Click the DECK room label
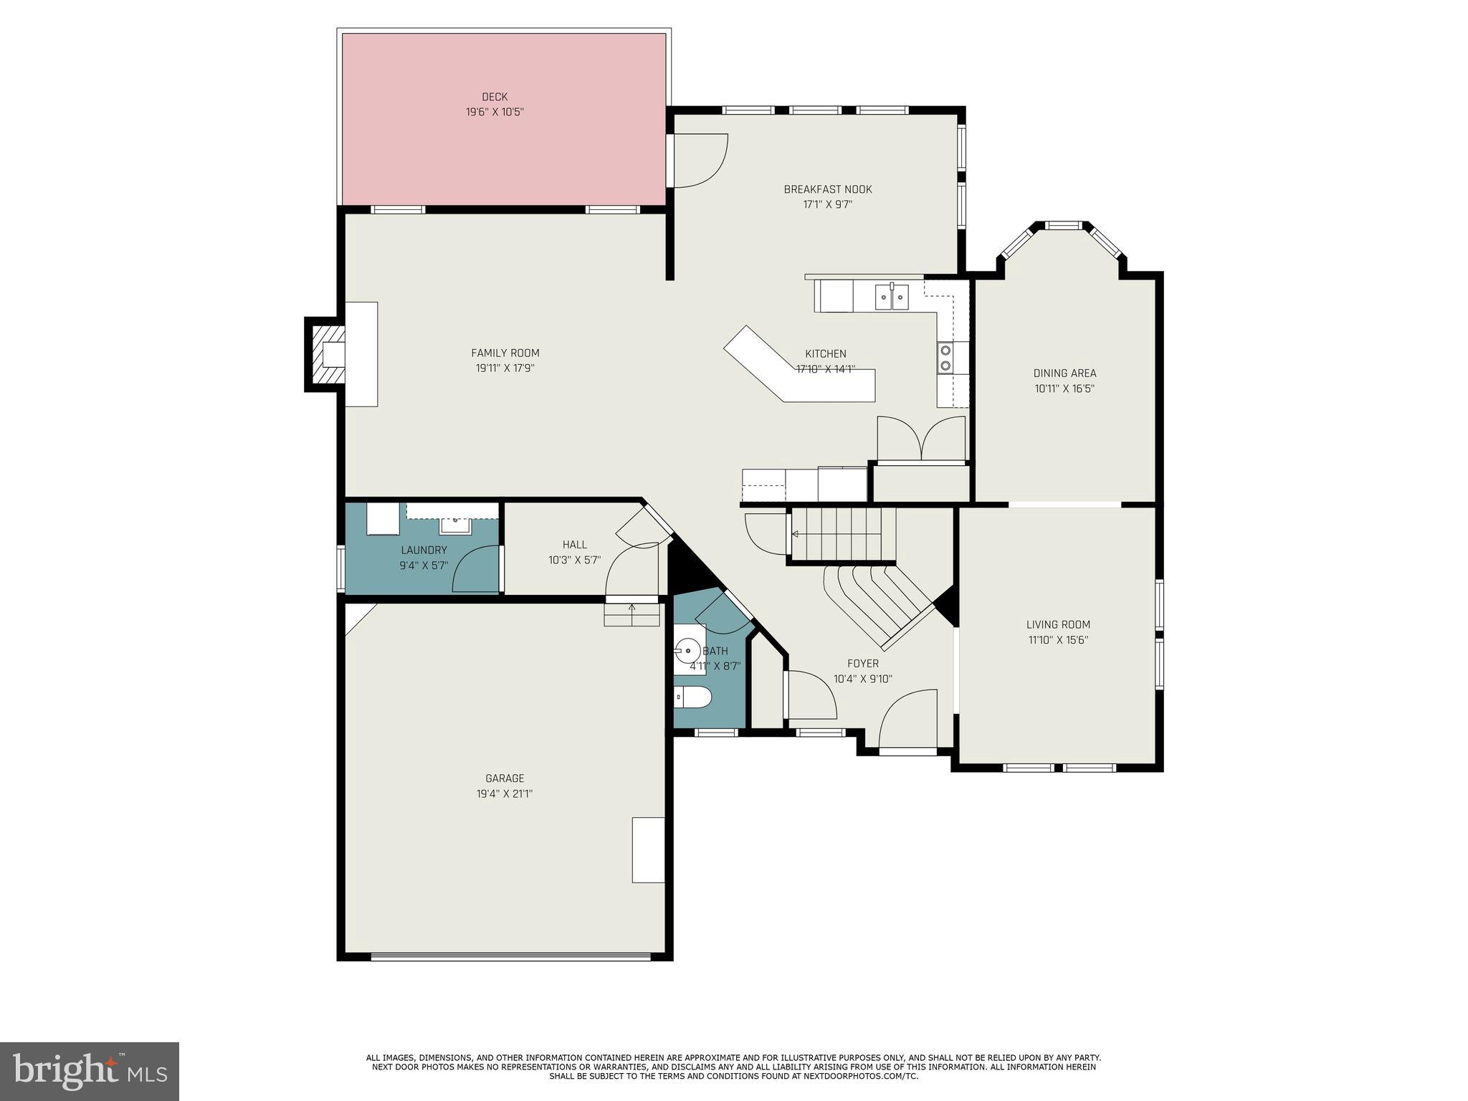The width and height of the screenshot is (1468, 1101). (495, 97)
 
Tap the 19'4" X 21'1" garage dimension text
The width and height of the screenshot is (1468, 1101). (505, 793)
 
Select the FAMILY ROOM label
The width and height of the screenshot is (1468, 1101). (505, 353)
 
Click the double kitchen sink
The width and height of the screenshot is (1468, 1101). (892, 296)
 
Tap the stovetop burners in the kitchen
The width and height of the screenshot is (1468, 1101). (945, 358)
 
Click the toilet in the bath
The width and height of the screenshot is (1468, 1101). (691, 695)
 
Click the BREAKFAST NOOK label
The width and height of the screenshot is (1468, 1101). (827, 189)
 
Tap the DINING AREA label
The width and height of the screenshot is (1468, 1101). (1064, 373)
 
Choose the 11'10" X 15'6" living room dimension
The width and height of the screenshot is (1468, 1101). (1057, 640)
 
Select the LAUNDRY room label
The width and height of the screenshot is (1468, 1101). (424, 550)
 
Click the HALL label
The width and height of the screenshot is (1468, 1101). (574, 545)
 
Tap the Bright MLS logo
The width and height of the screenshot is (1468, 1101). (89, 1071)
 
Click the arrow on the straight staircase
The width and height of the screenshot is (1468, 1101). (796, 534)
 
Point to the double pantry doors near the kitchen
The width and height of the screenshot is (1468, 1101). (922, 438)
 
